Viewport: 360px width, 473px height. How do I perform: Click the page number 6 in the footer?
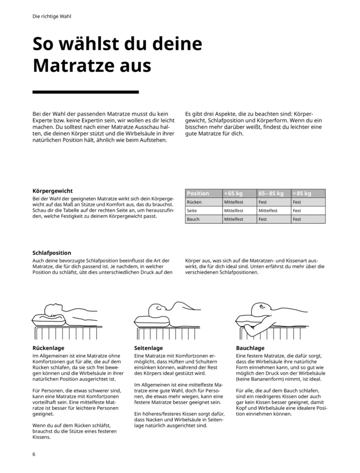click(34, 454)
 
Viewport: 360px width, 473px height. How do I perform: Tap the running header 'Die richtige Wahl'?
click(52, 17)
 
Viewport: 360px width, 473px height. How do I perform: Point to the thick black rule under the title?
click(86, 92)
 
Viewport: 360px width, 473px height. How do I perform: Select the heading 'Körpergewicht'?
click(53, 191)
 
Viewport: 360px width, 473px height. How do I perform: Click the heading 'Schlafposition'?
click(52, 253)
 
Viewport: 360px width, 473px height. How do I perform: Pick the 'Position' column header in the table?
click(198, 194)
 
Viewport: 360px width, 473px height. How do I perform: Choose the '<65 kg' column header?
click(234, 194)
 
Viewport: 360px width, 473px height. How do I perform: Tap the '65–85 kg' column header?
click(271, 194)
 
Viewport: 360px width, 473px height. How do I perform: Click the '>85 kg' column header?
click(302, 194)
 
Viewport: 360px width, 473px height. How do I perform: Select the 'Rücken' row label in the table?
click(194, 202)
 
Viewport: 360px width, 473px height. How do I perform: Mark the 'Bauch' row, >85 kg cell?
click(297, 219)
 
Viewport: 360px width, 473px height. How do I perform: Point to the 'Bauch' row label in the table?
click(193, 219)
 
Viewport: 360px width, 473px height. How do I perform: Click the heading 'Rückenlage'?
click(49, 348)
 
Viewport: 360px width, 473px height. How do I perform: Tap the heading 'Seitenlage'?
click(148, 348)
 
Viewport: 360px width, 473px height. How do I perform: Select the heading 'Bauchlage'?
click(250, 348)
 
